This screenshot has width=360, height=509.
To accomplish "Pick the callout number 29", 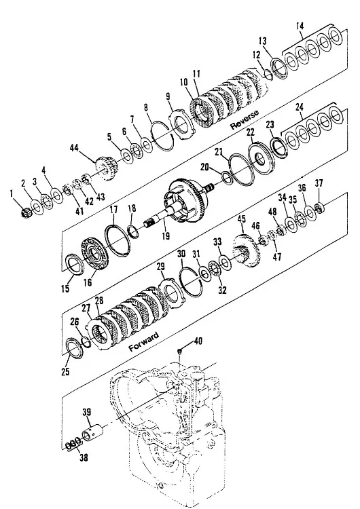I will click(160, 267).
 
